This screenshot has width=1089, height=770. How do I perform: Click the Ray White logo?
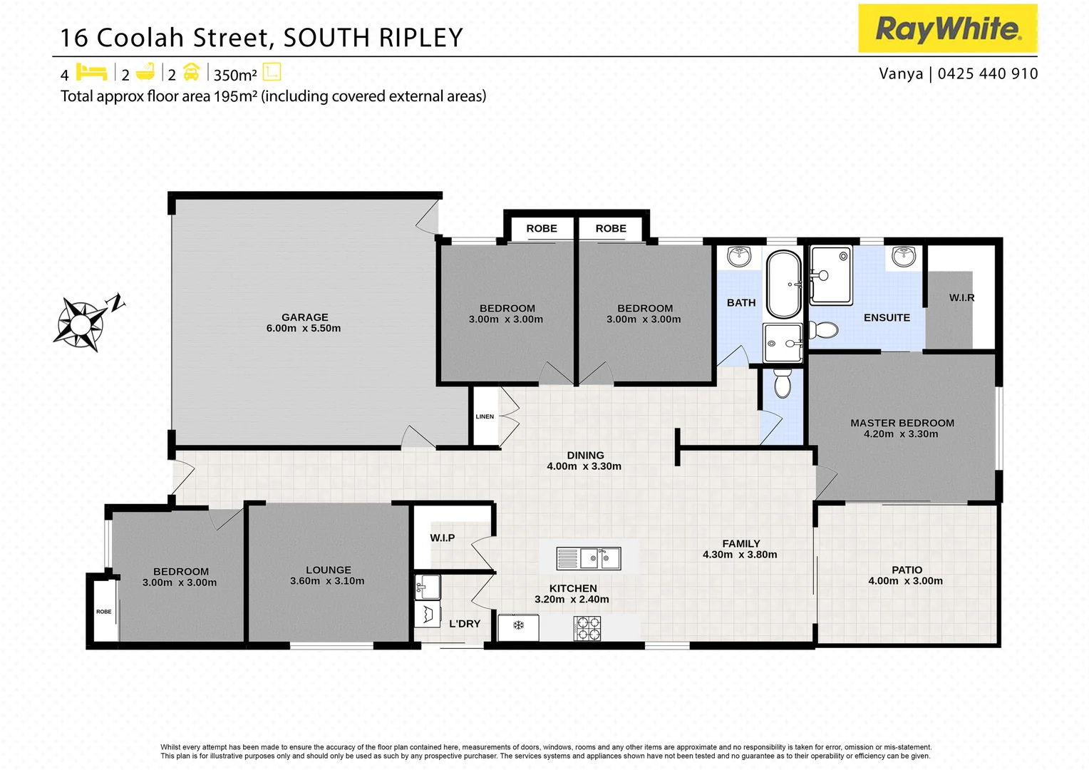tap(947, 29)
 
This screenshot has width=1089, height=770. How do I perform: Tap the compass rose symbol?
tap(81, 322)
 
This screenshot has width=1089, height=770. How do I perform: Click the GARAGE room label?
tap(304, 317)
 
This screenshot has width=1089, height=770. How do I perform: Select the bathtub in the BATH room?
tap(783, 284)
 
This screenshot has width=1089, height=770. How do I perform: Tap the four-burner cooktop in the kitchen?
tap(587, 628)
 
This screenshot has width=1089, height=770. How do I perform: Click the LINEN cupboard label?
tap(485, 416)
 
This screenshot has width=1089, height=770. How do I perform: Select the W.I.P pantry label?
tap(442, 538)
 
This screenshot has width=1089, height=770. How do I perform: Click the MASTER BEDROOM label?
tap(902, 423)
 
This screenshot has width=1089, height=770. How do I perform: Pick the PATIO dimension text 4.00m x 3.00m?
tap(905, 581)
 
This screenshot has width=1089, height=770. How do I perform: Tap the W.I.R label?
tap(961, 297)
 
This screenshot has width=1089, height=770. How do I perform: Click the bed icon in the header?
tap(91, 73)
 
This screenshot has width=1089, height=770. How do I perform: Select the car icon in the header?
tap(191, 73)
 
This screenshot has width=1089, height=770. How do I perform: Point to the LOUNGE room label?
tap(328, 570)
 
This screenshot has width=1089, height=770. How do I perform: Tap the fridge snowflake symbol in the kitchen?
tap(519, 625)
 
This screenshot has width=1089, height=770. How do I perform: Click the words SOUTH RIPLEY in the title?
tap(373, 38)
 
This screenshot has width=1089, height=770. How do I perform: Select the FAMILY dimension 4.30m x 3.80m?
tap(740, 555)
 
